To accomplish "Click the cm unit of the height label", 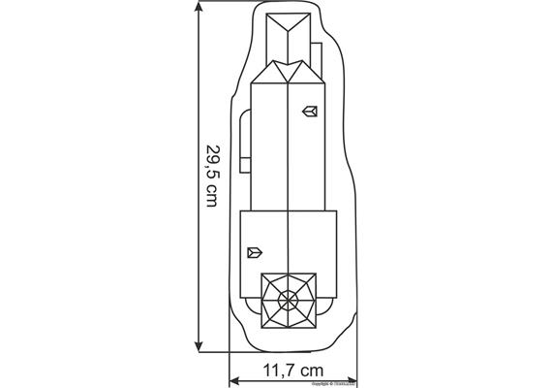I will click(213, 199).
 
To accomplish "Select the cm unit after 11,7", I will click(311, 370).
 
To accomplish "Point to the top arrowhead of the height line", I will click(200, 8).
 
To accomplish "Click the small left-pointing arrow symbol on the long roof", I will click(311, 112).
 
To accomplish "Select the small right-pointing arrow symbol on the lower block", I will click(255, 252).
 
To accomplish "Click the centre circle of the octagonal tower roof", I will click(289, 298).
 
